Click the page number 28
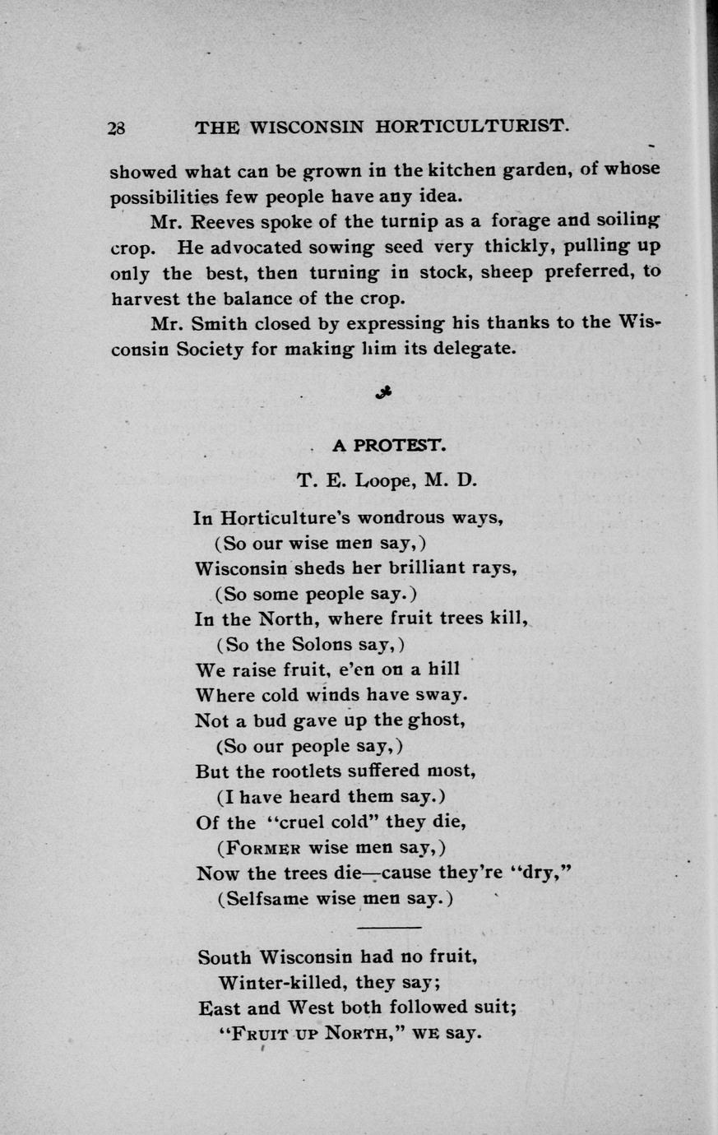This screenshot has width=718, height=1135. [115, 128]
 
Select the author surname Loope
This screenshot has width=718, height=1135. [384, 480]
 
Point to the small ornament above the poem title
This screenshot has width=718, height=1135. [383, 394]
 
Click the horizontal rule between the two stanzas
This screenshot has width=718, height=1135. [390, 929]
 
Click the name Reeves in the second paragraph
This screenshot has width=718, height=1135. [222, 221]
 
